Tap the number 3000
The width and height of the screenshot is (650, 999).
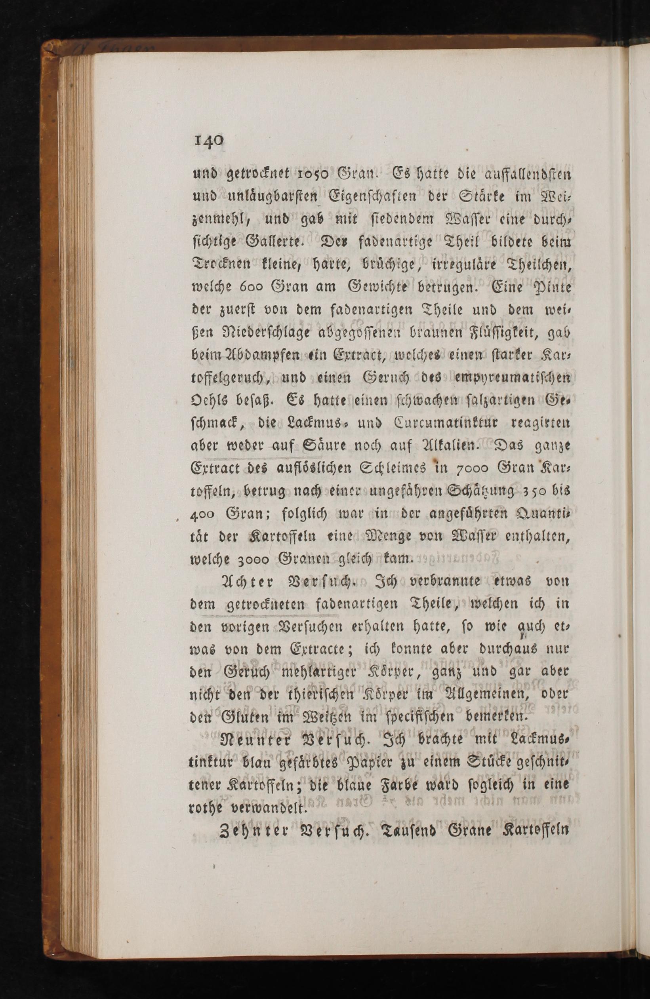pos(252,560)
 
